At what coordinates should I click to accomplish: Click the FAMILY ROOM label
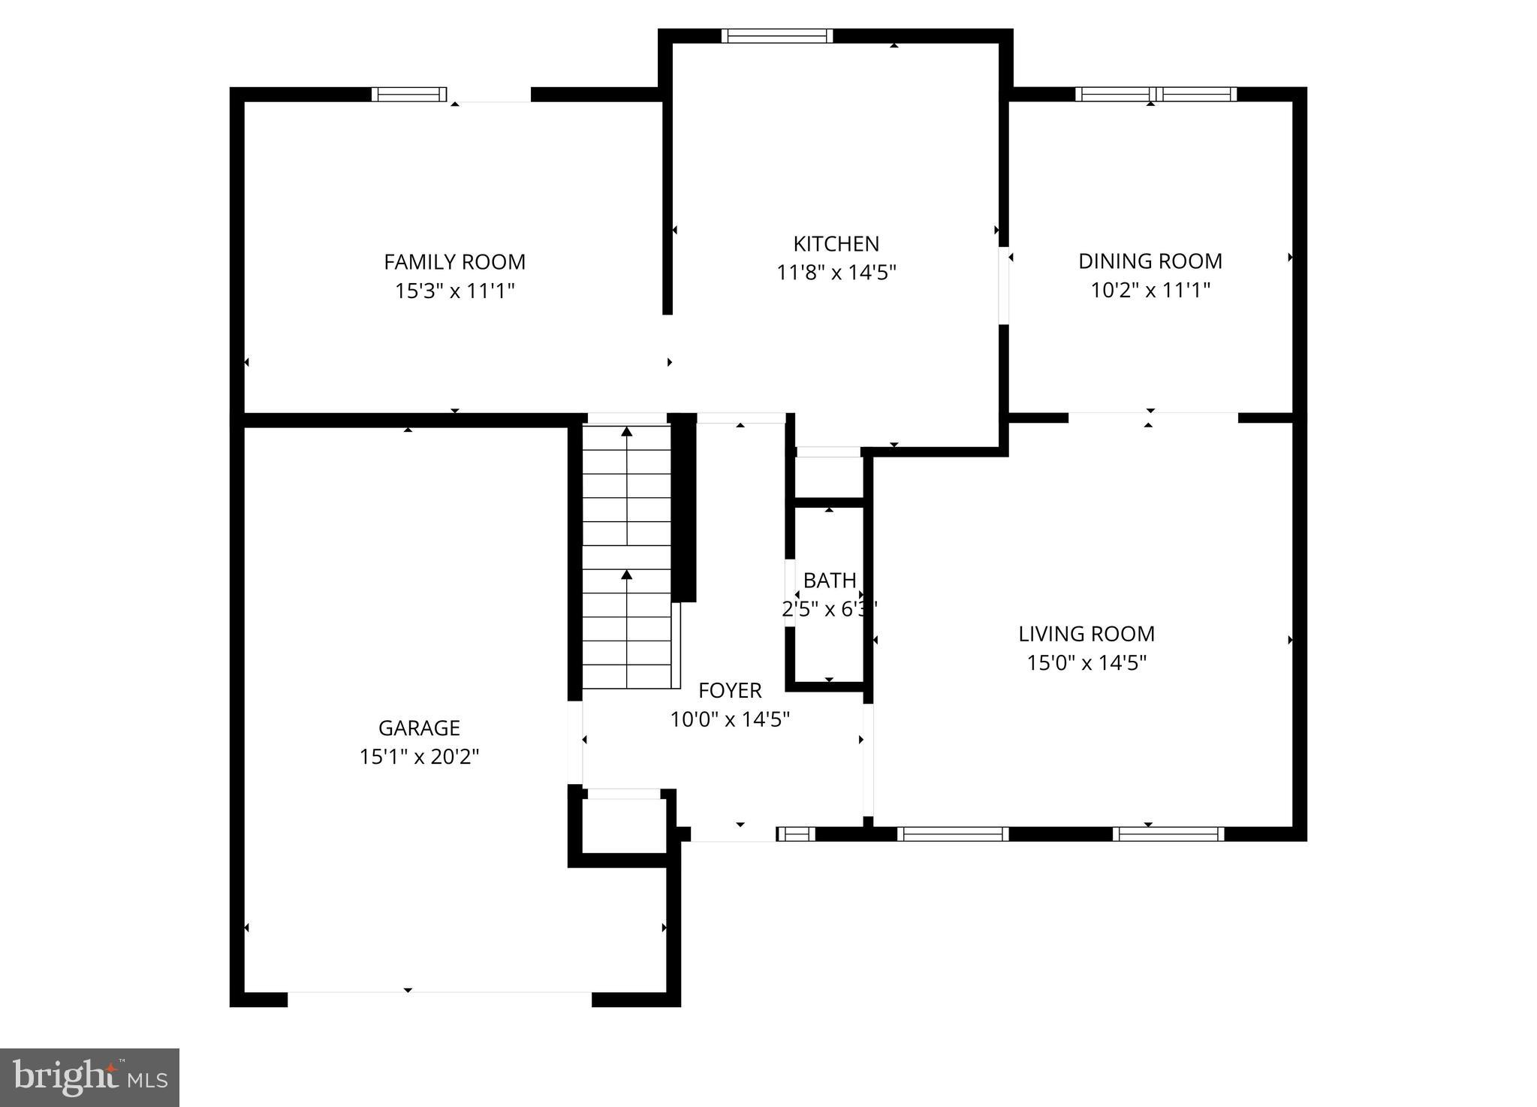click(454, 262)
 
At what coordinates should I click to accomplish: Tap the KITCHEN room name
click(836, 244)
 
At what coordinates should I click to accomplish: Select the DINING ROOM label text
click(1150, 261)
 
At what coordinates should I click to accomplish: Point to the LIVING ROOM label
click(1086, 634)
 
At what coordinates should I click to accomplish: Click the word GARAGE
click(419, 728)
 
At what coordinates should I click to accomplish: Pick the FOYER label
click(730, 690)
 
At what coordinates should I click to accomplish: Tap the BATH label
click(829, 581)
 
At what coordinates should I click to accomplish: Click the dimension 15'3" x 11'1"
click(454, 291)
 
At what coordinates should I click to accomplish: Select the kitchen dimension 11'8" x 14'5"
click(836, 272)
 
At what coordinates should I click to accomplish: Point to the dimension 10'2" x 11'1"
click(1150, 290)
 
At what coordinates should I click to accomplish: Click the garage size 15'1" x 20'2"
click(419, 756)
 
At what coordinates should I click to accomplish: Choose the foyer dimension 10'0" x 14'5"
click(730, 719)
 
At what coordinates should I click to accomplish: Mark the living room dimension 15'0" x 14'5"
click(1086, 662)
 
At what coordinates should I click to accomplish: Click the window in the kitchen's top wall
click(777, 35)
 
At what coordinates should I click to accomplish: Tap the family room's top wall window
click(408, 94)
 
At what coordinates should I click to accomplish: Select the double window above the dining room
click(1156, 94)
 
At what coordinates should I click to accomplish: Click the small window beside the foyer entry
click(795, 834)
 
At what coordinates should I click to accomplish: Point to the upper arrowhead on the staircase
click(627, 431)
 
